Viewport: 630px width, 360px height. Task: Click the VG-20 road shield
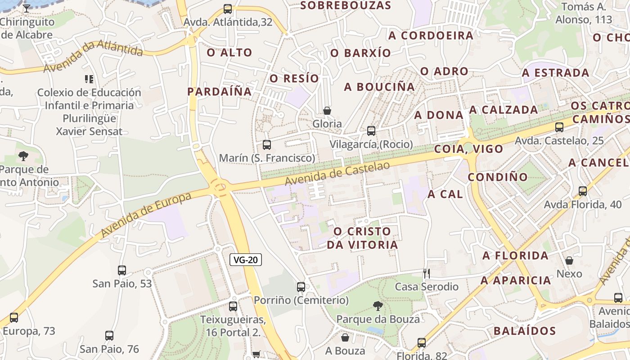(246, 260)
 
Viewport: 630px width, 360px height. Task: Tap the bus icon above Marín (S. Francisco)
(267, 145)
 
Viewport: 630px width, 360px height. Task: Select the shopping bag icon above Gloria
(327, 110)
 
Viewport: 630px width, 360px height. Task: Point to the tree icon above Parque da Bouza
(378, 306)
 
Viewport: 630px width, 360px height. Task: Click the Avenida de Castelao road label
(337, 173)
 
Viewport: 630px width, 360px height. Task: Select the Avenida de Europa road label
(146, 215)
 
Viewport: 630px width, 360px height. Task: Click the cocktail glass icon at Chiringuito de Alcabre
(27, 8)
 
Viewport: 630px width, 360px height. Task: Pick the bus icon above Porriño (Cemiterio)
(301, 287)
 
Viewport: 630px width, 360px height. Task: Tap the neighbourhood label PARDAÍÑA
(219, 91)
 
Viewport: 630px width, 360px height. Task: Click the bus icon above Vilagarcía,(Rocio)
(371, 131)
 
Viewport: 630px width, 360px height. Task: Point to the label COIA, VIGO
(468, 149)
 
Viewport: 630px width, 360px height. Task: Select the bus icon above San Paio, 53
(122, 270)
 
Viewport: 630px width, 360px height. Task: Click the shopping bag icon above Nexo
(569, 261)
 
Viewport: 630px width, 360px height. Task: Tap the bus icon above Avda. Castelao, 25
(559, 127)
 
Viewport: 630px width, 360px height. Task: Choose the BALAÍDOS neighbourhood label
(525, 331)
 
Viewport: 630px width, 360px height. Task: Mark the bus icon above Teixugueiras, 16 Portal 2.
(233, 306)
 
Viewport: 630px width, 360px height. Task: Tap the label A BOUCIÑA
(379, 87)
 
